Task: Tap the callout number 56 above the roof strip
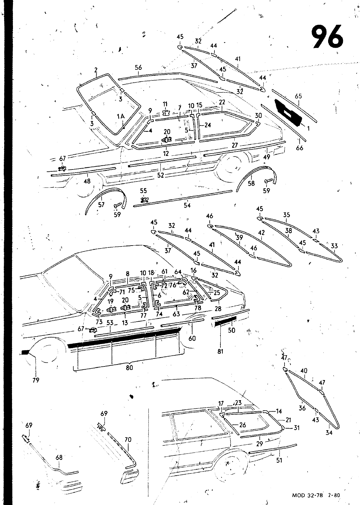click(138, 68)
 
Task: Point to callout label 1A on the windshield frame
click(121, 116)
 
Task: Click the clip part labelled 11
click(166, 112)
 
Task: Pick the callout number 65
click(298, 96)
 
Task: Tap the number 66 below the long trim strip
click(300, 148)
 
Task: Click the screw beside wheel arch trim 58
click(269, 181)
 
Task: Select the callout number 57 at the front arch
click(101, 205)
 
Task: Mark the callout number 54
click(187, 205)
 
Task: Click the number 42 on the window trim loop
click(261, 232)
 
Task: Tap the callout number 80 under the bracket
click(129, 368)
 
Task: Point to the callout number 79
click(36, 380)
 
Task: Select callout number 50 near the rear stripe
click(232, 330)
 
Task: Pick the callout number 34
click(329, 433)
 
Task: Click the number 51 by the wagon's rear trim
click(279, 460)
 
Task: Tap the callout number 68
click(59, 457)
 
